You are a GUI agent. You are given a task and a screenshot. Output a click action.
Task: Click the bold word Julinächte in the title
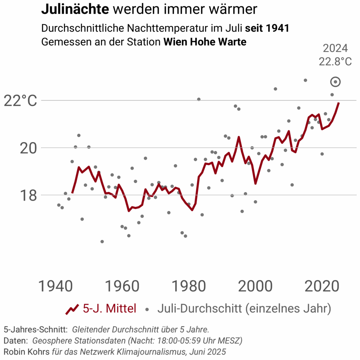point(75,9)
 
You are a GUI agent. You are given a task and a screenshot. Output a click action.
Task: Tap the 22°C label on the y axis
point(20,101)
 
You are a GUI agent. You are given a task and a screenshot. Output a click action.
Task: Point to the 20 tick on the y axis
point(28,148)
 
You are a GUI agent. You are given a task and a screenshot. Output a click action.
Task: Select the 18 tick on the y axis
point(28,196)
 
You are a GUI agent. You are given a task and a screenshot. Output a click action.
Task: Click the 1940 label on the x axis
point(55,286)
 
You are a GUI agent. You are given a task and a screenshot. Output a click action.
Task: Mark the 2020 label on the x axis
point(322,286)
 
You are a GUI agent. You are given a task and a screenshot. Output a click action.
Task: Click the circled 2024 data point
point(336,82)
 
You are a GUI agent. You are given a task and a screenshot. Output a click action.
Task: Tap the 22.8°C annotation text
point(335,62)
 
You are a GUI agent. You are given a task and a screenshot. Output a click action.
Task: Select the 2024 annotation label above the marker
point(335,49)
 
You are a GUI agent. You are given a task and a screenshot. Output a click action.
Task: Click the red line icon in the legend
point(72,309)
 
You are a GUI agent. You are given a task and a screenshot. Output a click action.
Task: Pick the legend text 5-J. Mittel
point(109,309)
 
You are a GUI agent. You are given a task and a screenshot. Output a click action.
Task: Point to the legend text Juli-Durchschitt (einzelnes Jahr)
point(244,309)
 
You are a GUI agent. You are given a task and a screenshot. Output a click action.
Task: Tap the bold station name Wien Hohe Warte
point(205,42)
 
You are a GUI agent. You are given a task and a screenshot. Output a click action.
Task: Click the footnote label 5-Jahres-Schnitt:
point(36,330)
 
